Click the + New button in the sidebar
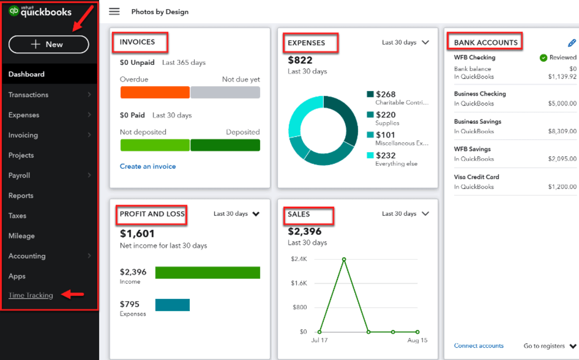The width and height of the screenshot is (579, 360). (x=48, y=44)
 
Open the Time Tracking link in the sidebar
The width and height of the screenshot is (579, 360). (x=31, y=295)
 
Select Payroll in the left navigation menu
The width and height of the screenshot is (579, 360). (x=19, y=175)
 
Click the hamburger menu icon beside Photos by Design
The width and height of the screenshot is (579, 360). (x=114, y=11)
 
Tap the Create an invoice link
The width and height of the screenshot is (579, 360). (x=147, y=166)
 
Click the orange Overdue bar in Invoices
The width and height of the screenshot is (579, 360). (x=154, y=92)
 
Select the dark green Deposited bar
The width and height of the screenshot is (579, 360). (x=225, y=145)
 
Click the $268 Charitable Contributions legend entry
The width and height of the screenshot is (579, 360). (x=397, y=97)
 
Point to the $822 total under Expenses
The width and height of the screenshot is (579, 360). (x=300, y=60)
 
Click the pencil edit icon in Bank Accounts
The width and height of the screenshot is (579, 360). (x=571, y=43)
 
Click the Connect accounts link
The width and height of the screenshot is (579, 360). (x=478, y=346)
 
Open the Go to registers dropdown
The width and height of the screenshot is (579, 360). (x=550, y=346)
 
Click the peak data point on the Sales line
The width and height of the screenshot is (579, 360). (x=344, y=259)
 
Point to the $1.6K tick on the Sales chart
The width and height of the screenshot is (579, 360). (x=299, y=283)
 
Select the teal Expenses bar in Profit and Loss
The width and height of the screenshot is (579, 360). (x=172, y=305)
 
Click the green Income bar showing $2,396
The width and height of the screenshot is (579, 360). (x=207, y=273)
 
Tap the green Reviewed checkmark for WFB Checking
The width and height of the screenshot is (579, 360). (x=543, y=57)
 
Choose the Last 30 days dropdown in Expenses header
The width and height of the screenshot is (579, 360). (x=405, y=42)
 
